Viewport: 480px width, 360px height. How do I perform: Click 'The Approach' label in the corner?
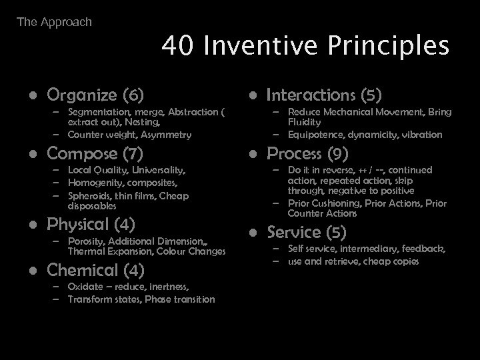coord(54,22)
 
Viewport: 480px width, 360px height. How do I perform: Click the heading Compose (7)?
coord(95,155)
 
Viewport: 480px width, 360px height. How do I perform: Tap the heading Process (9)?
coord(307,154)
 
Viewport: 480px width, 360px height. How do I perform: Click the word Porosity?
coord(87,241)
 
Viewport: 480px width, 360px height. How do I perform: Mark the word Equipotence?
coord(319,135)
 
